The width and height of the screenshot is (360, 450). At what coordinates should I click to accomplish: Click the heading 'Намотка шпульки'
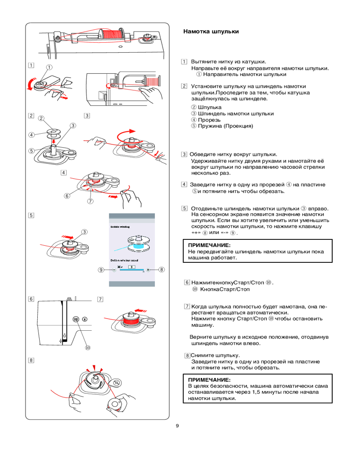211,32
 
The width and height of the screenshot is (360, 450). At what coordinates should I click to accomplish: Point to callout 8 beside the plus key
161,270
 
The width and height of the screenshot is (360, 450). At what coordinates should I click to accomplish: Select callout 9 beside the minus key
102,270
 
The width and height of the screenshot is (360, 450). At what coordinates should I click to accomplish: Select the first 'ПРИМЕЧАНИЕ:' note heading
209,245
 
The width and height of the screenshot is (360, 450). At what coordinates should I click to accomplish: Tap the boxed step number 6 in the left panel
31,299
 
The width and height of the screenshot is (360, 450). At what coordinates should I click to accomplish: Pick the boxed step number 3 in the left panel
87,115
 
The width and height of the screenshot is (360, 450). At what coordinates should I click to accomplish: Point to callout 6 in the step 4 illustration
67,196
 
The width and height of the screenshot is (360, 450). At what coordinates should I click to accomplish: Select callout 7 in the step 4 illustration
90,201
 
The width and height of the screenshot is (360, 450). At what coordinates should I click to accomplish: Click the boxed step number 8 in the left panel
31,360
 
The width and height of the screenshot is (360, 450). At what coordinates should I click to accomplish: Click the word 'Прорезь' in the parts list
209,120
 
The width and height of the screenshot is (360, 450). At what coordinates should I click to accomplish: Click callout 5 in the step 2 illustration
31,150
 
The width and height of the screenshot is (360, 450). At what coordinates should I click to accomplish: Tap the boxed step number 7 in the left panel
100,299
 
